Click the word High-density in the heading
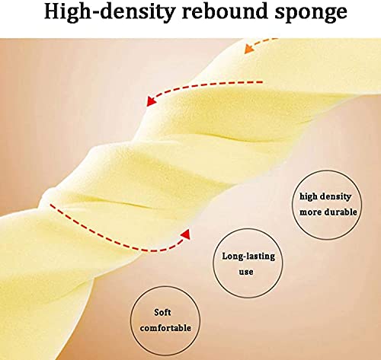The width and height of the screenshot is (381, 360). (x=110, y=12)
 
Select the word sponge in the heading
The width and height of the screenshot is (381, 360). (x=311, y=13)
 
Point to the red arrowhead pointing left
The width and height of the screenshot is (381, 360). (x=152, y=101)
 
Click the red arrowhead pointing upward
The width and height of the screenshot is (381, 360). (x=187, y=234)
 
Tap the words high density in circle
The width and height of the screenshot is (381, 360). (x=325, y=196)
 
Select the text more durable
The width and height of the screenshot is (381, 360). (x=328, y=212)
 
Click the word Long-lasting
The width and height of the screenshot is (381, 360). (x=248, y=256)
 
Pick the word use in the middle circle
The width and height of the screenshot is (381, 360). (x=246, y=272)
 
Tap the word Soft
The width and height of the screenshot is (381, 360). (x=162, y=312)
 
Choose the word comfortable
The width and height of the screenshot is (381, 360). (x=165, y=328)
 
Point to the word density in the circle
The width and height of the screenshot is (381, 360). (x=335, y=196)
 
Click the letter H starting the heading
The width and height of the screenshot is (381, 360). (x=53, y=11)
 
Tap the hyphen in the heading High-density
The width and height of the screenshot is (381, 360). (x=95, y=13)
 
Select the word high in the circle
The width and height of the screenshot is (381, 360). (x=309, y=196)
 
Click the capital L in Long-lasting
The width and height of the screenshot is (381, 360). (x=226, y=256)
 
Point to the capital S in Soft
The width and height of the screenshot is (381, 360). (x=157, y=312)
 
